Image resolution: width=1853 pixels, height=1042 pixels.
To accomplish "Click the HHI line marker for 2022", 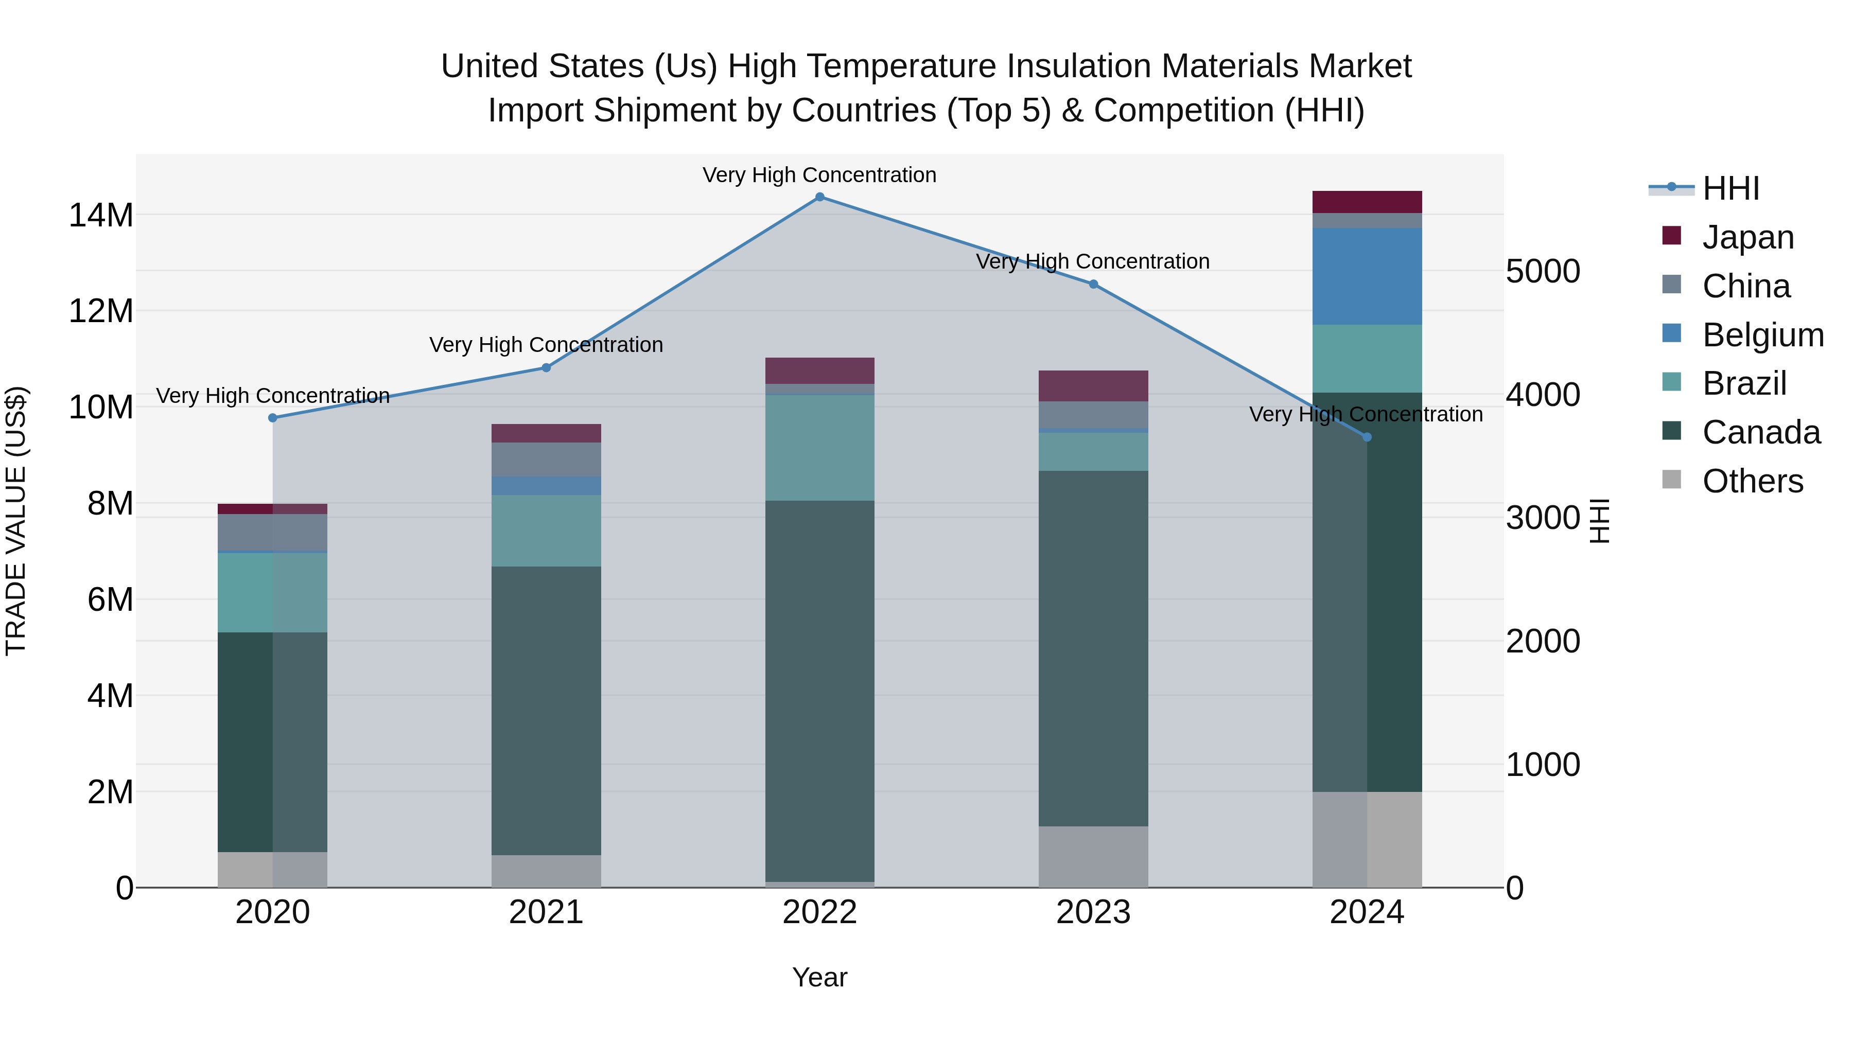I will point(819,197).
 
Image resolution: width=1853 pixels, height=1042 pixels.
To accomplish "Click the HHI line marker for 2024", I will point(1367,437).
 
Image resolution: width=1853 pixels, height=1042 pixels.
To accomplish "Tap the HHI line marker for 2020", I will point(273,418).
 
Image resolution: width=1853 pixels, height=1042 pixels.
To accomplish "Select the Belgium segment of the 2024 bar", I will point(1367,276).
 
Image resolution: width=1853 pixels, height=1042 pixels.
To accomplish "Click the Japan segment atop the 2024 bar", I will point(1367,202).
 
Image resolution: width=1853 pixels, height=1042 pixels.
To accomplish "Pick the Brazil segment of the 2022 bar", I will point(819,447).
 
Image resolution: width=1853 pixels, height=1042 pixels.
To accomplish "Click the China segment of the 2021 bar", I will point(546,460).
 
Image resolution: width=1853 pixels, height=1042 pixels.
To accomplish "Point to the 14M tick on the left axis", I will point(101,215).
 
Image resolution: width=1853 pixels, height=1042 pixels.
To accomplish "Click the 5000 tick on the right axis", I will point(1543,271).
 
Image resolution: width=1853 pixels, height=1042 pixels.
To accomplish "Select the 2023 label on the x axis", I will point(1093,912).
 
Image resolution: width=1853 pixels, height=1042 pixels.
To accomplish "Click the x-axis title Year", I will point(819,977).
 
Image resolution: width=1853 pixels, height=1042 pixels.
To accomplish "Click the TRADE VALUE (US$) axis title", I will point(16,521).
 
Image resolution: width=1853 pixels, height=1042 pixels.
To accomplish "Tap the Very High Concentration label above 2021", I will point(546,345).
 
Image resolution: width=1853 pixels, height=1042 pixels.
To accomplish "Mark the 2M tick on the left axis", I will point(109,792).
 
